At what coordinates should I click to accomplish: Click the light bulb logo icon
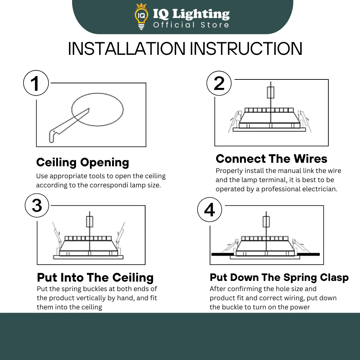tap(141, 17)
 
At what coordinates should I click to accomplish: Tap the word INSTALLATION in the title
tap(127, 49)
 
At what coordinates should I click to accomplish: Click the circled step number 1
tap(36, 83)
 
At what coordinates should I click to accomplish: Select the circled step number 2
tap(219, 83)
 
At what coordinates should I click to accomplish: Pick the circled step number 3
tap(37, 205)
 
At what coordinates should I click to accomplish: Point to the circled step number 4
tap(210, 210)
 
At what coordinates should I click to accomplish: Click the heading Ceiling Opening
tap(83, 162)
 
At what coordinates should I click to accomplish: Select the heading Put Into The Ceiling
tap(95, 277)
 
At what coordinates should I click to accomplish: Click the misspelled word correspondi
tap(109, 185)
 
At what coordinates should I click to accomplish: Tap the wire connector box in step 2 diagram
tap(271, 92)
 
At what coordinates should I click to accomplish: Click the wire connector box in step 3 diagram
tap(90, 221)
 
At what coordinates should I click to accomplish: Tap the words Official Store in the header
tap(191, 25)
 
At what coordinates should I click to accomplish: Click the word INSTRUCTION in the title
tap(246, 49)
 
